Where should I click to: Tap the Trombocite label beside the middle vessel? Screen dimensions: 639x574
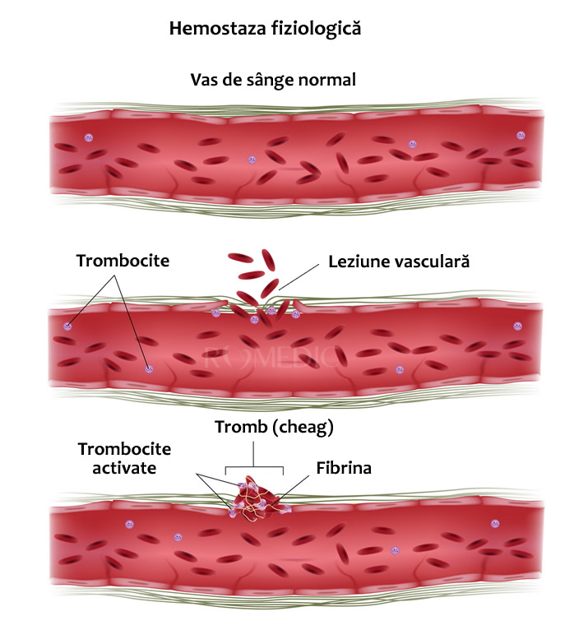click(x=123, y=261)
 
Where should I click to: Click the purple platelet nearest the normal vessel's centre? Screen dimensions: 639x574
click(x=252, y=160)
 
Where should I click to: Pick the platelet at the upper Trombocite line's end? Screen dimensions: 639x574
click(x=68, y=326)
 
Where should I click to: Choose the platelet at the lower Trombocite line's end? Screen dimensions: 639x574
click(x=149, y=369)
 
